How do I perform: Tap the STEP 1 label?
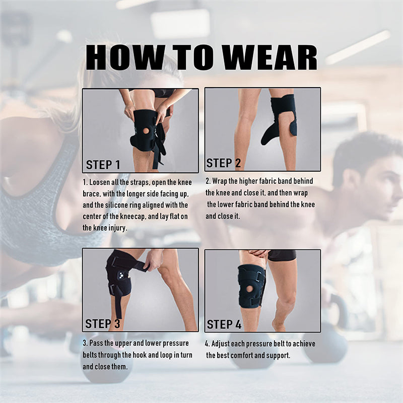tap(103, 165)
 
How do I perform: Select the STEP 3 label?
tap(103, 323)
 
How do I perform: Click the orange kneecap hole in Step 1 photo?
tap(146, 130)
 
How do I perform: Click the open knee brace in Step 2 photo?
tap(280, 118)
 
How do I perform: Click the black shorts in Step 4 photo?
tap(282, 256)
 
